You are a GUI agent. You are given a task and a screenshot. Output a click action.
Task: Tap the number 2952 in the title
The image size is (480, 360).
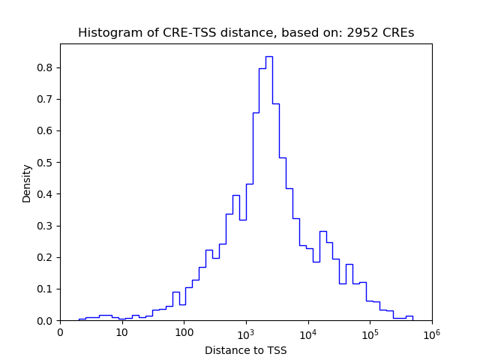click(363, 33)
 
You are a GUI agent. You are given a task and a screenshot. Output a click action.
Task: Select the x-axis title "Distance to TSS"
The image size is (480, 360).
click(246, 349)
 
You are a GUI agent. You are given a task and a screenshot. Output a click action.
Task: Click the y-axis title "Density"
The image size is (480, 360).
click(27, 183)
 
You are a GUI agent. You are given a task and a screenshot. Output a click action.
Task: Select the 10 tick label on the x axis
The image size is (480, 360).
click(121, 332)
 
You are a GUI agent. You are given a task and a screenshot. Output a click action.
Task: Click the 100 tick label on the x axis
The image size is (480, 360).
click(184, 332)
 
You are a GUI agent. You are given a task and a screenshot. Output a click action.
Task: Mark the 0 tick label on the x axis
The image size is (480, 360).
click(60, 332)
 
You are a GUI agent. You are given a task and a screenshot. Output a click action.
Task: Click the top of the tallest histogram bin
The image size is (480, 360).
click(268, 56)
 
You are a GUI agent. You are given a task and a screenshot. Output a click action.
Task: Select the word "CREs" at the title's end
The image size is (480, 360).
click(397, 33)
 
